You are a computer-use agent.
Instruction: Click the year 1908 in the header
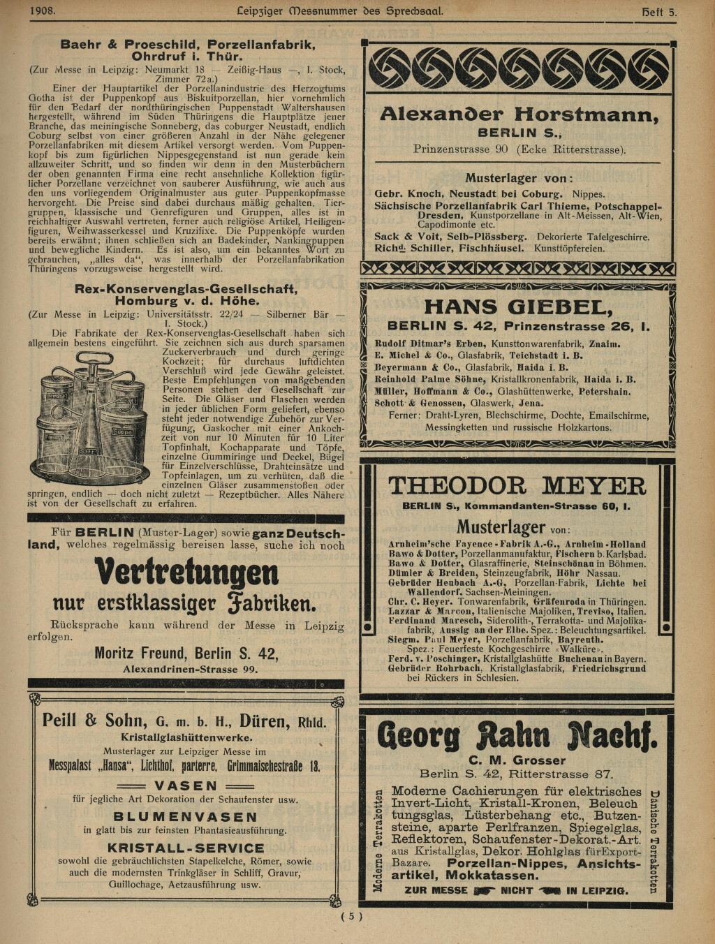click(43, 10)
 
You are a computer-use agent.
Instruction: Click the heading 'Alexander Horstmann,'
click(519, 115)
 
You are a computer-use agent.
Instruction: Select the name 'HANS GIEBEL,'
click(518, 307)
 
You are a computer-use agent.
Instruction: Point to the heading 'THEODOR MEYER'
click(517, 485)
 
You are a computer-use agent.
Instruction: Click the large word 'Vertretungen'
click(186, 573)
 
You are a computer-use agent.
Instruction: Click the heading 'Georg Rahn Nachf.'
click(517, 735)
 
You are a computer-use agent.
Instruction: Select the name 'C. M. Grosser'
click(517, 760)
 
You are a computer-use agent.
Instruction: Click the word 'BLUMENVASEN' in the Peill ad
click(186, 816)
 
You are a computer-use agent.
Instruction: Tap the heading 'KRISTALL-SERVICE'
click(186, 848)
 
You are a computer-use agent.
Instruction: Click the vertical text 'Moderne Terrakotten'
click(378, 841)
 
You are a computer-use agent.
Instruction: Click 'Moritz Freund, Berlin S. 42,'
click(186, 654)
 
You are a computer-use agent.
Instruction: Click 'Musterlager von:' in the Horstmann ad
click(519, 178)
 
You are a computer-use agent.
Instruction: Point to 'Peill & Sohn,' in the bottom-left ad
click(94, 721)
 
